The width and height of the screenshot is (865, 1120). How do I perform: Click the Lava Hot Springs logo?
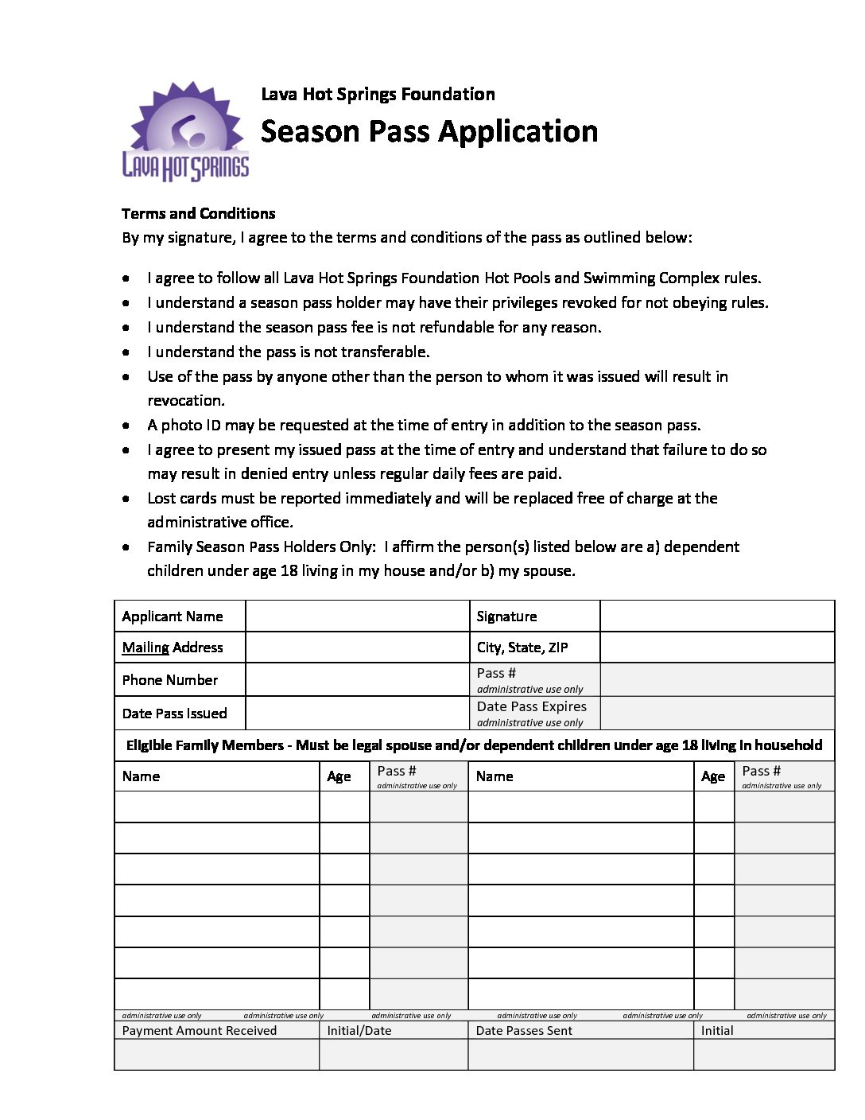(185, 132)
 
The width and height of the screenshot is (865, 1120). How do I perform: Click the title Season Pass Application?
(429, 131)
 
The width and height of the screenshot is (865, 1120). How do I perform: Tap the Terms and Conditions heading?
(198, 213)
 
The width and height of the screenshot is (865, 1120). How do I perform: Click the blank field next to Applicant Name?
(357, 616)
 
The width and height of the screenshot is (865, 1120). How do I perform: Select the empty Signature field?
(716, 616)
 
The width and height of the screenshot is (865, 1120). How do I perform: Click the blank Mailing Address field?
(357, 647)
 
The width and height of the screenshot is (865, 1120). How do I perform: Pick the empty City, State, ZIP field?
(716, 647)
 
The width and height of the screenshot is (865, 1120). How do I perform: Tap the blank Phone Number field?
(357, 680)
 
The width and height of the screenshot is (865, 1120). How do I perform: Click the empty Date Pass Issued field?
(357, 714)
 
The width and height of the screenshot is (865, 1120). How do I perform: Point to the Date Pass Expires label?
(531, 706)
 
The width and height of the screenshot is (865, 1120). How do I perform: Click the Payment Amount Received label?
(200, 1031)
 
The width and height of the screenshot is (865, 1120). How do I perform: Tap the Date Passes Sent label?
(524, 1031)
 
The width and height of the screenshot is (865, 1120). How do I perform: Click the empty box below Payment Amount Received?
(216, 1055)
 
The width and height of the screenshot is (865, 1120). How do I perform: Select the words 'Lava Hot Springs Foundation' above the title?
(378, 94)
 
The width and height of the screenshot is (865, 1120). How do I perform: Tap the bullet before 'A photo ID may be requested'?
(126, 426)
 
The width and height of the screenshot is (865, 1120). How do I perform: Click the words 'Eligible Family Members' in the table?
(205, 745)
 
